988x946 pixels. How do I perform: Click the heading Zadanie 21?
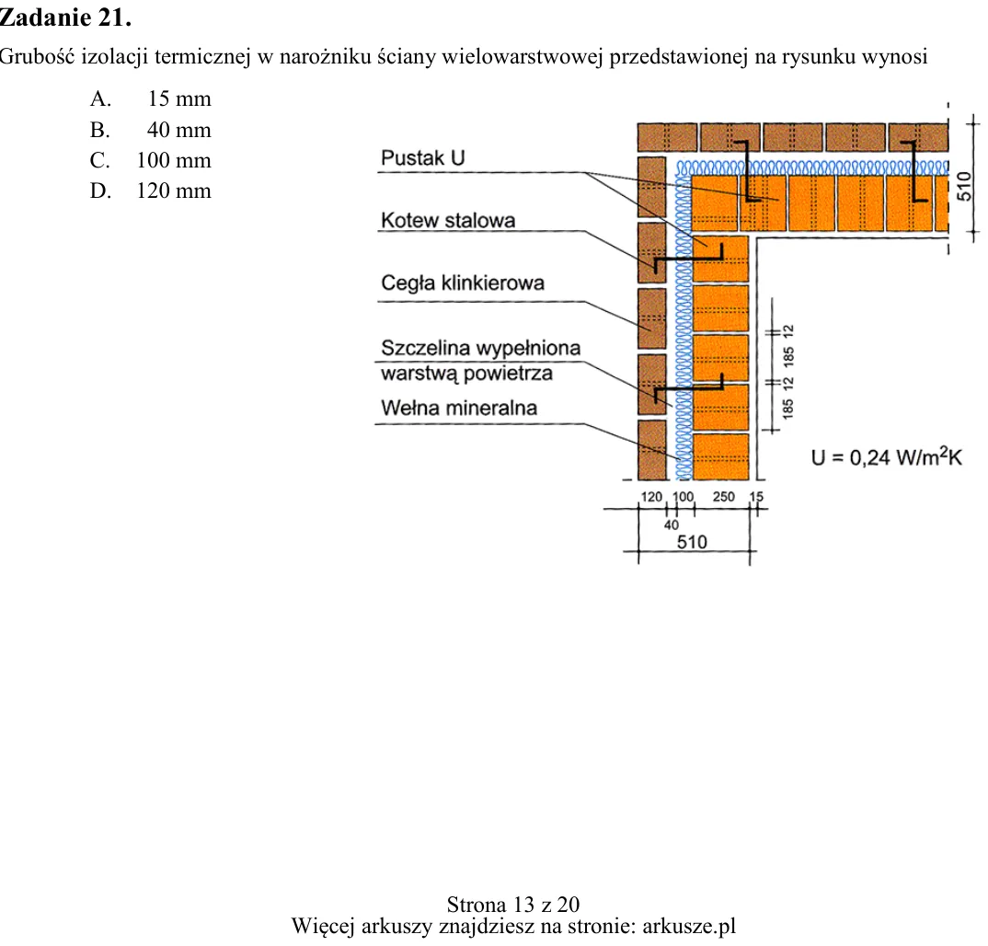click(x=65, y=17)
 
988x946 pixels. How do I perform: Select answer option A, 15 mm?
click(x=151, y=99)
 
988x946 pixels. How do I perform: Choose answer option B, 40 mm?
click(x=151, y=130)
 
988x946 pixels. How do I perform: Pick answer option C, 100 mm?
click(x=151, y=160)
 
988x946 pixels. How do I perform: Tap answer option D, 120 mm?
click(x=151, y=190)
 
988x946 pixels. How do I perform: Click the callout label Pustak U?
click(x=423, y=157)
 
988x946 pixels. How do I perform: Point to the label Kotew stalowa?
click(x=448, y=221)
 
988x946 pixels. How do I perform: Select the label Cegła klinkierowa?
click(x=463, y=283)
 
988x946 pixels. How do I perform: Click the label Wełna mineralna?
click(x=459, y=408)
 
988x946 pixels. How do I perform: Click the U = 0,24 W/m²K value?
click(x=887, y=456)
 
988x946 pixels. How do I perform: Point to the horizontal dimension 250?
click(x=723, y=497)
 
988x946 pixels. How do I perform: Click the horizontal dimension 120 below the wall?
click(x=651, y=497)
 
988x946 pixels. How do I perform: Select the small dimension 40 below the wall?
click(x=671, y=525)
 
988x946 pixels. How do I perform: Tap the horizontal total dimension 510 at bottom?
click(x=692, y=542)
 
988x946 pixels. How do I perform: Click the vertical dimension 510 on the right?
click(x=965, y=187)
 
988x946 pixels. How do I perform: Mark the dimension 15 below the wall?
click(x=756, y=497)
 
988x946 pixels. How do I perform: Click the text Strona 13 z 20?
click(x=513, y=905)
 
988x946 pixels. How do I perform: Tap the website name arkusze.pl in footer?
click(x=689, y=927)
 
